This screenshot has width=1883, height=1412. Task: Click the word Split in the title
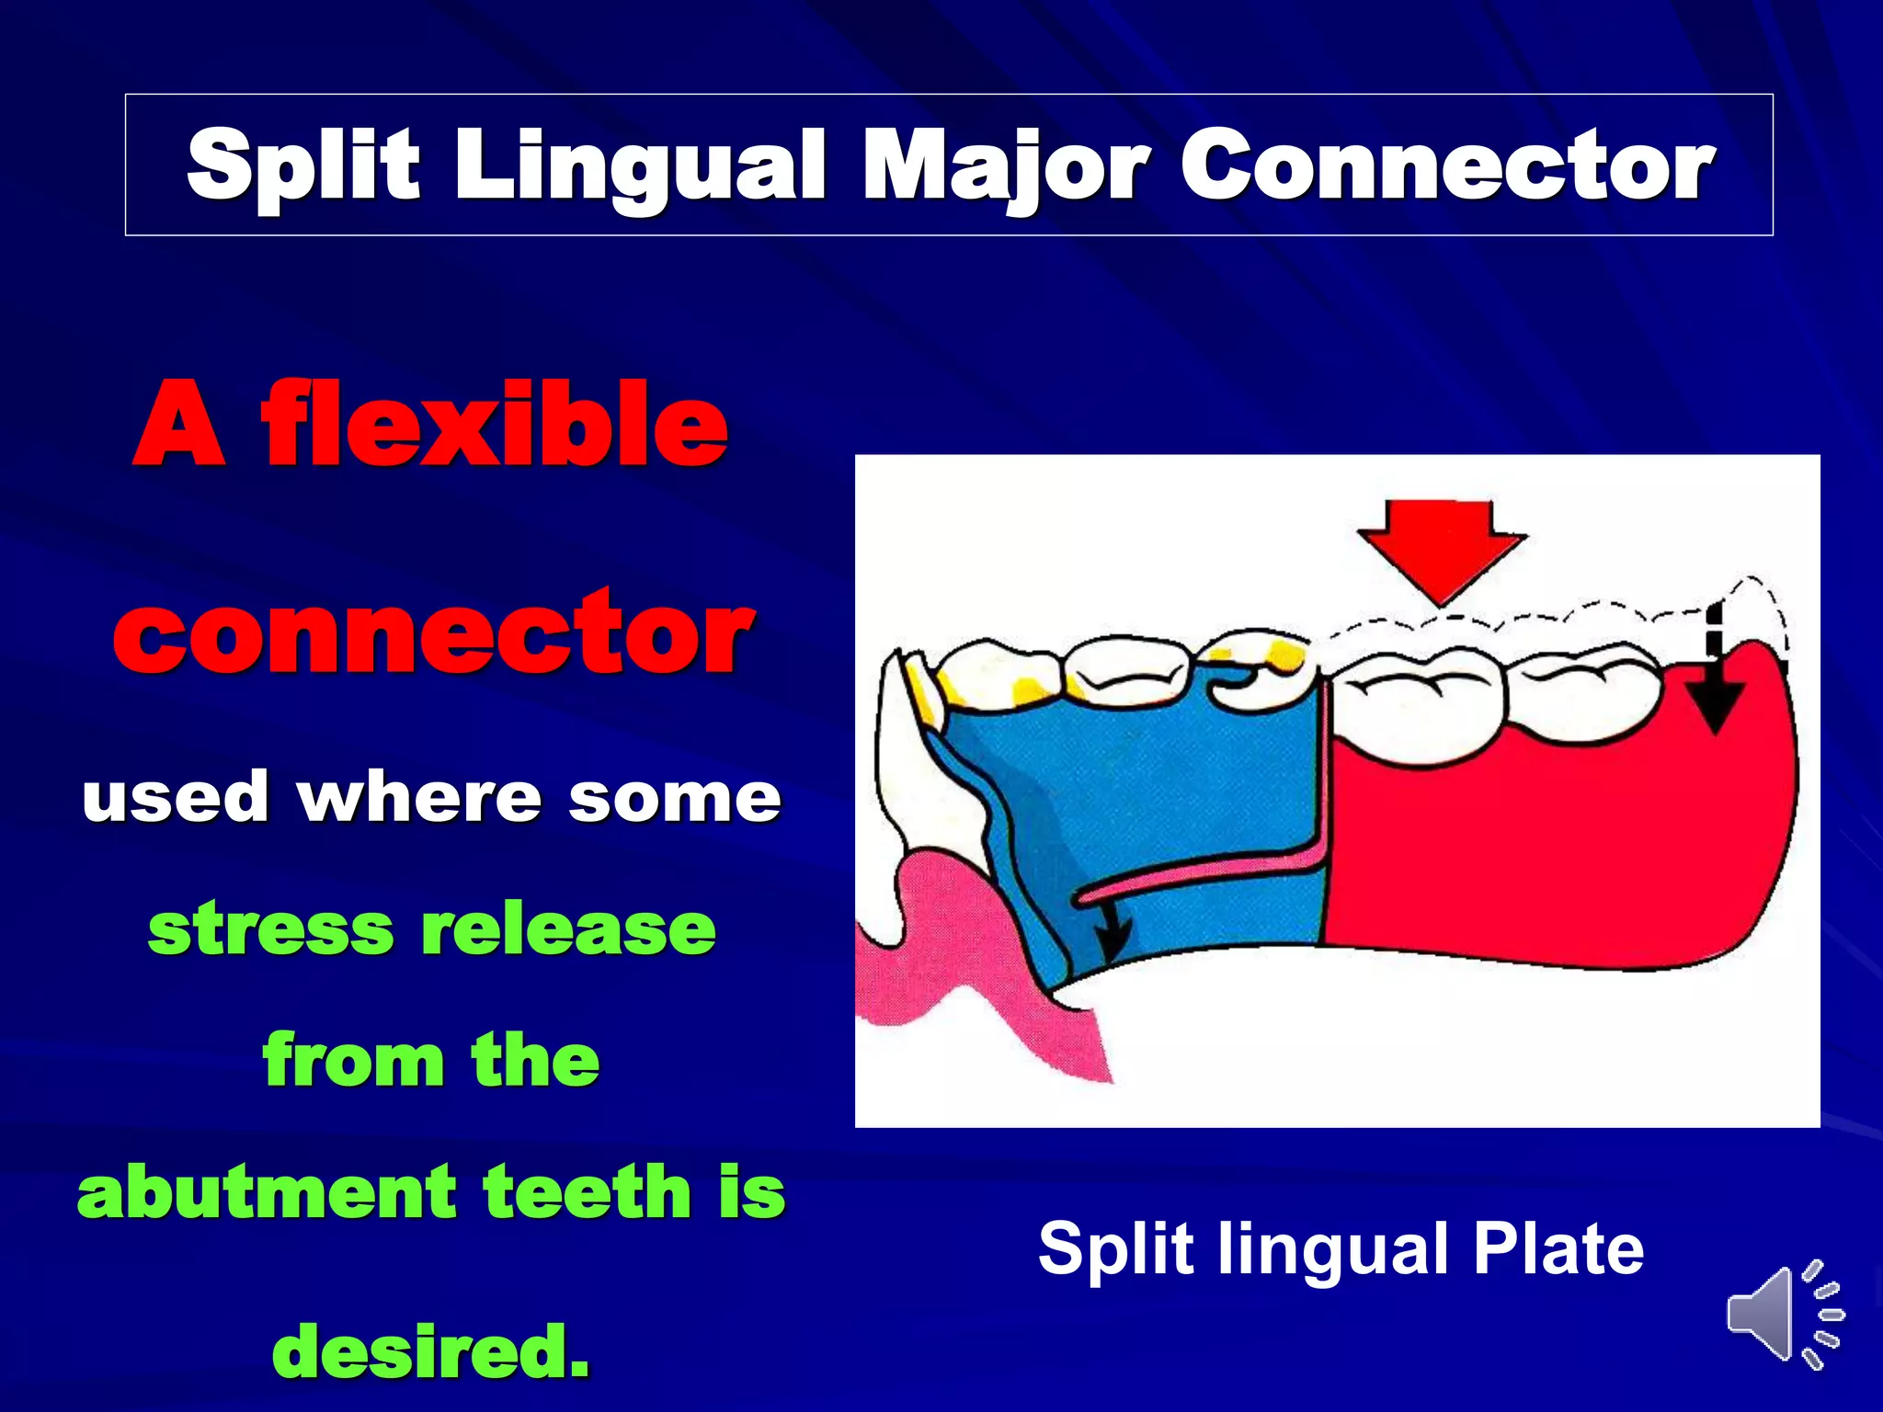click(302, 165)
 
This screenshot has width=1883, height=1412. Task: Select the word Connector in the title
click(1447, 165)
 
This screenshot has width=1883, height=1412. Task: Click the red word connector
click(433, 633)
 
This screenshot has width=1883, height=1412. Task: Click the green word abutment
click(268, 1192)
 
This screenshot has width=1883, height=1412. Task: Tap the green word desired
click(430, 1350)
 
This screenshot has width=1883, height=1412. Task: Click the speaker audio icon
click(1784, 1314)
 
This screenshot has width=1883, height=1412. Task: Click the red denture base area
click(1545, 855)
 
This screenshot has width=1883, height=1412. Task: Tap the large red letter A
click(180, 425)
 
